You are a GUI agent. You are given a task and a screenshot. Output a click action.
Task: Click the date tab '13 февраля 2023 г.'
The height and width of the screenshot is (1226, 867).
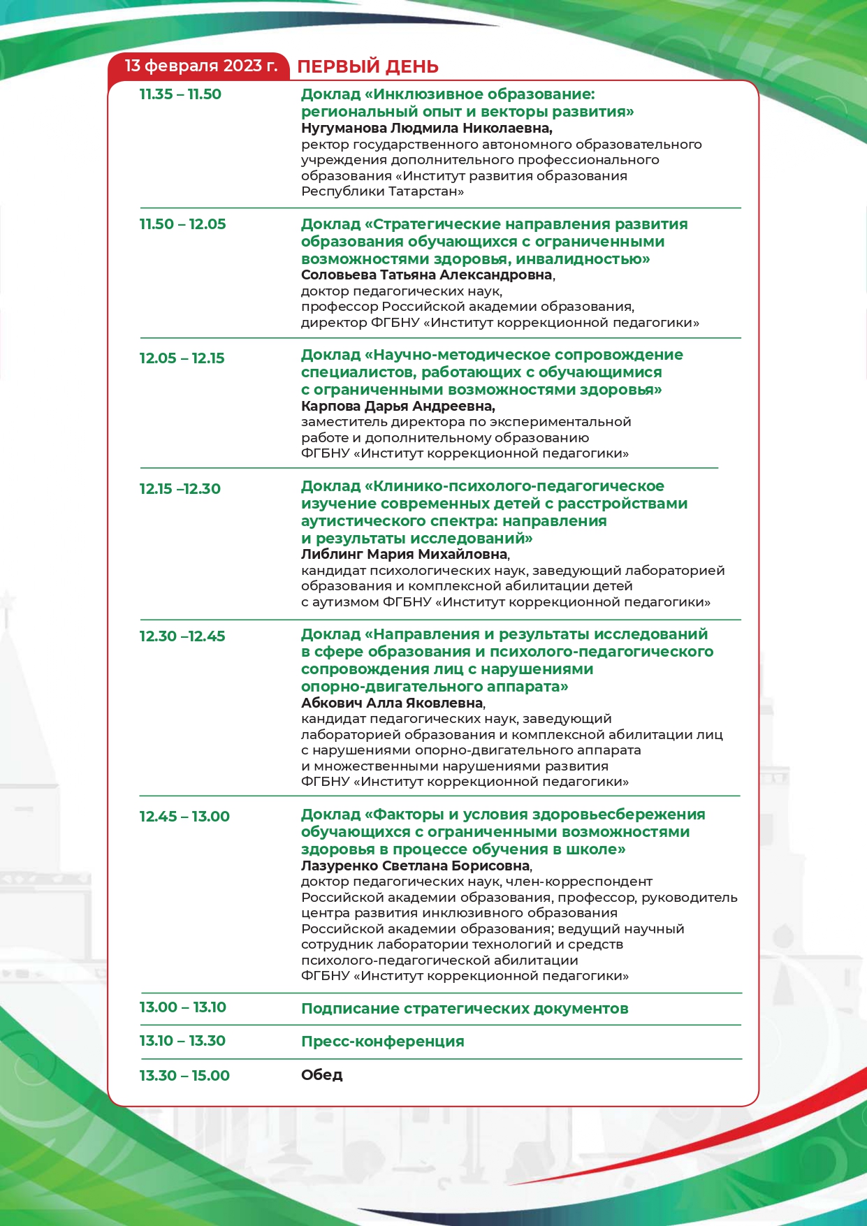(201, 66)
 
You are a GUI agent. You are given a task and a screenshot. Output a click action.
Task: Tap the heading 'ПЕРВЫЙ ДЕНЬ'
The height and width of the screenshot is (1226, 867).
(367, 67)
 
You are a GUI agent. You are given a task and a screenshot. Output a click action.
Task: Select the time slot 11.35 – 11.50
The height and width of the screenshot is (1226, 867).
(180, 94)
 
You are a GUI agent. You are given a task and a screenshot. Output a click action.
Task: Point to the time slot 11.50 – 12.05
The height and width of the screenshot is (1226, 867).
(182, 224)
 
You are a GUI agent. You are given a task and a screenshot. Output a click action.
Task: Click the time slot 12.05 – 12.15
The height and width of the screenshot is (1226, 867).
(182, 358)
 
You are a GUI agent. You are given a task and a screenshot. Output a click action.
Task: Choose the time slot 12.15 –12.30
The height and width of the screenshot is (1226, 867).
(180, 489)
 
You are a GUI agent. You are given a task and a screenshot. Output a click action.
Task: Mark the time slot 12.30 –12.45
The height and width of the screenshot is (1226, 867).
(182, 636)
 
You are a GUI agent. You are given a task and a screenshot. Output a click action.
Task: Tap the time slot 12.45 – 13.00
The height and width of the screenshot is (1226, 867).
(184, 817)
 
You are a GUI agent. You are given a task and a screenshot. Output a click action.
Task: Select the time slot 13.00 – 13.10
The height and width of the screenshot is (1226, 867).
(182, 1007)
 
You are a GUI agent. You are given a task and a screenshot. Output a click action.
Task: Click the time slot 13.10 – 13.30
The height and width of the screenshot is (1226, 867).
(182, 1041)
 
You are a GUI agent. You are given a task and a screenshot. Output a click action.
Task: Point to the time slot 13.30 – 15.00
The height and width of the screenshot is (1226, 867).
(184, 1076)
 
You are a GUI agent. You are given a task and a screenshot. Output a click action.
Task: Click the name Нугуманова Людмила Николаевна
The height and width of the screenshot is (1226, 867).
(426, 129)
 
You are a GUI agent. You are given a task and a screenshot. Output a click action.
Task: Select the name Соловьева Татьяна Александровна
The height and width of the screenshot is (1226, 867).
(427, 275)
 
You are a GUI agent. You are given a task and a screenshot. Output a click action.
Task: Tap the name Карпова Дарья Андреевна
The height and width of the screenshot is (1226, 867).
(398, 407)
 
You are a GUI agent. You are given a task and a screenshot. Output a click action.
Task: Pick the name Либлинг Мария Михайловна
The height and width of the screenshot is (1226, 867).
(405, 555)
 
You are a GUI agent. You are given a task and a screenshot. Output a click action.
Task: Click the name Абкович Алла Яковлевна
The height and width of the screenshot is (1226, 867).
(392, 703)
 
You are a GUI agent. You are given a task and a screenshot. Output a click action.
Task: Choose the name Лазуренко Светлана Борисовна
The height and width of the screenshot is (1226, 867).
(416, 866)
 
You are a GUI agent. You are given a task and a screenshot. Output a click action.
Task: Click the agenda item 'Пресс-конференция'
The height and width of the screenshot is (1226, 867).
(382, 1042)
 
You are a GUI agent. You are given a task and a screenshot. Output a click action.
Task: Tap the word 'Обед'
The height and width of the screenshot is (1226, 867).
(321, 1075)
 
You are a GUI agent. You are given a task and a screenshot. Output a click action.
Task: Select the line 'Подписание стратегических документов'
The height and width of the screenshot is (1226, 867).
(465, 1009)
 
